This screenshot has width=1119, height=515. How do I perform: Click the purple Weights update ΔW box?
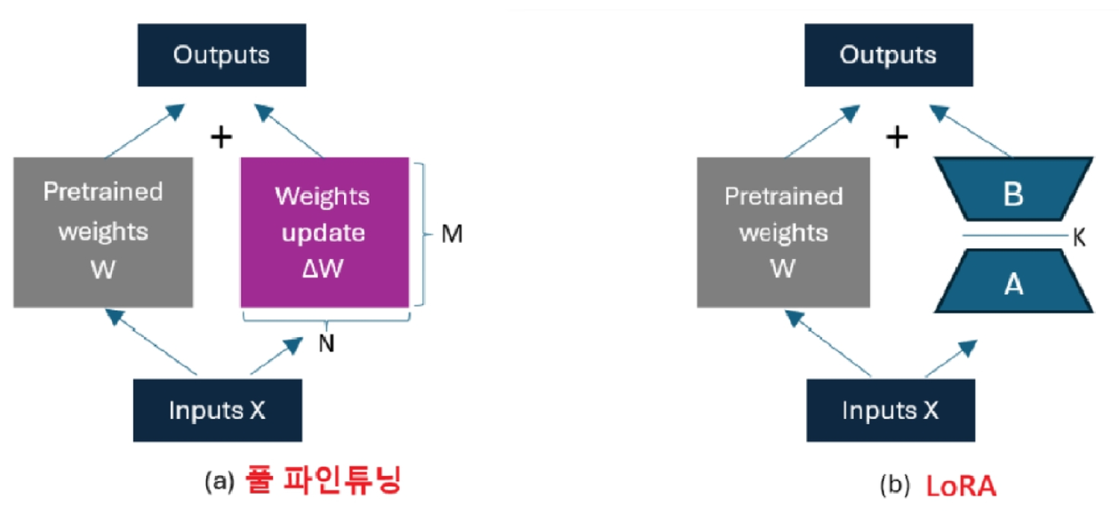pos(324,232)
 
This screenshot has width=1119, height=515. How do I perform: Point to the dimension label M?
pos(452,235)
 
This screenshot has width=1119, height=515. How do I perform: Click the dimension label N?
pos(326,344)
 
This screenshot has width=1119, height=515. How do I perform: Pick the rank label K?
pos(1079,238)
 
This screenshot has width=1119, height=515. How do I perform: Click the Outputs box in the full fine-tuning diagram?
pos(221,55)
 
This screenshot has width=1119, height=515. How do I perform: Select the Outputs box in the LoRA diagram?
pos(888,55)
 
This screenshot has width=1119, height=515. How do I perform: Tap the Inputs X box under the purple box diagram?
pos(218,410)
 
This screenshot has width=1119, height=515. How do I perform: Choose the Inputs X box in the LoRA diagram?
pos(891,410)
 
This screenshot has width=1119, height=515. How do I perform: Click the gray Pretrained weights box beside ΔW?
pos(103,232)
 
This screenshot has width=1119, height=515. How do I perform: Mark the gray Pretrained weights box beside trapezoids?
pos(783,232)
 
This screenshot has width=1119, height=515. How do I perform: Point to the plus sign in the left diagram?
pos(220,137)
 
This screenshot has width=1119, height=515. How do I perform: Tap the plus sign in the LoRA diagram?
pos(899,137)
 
